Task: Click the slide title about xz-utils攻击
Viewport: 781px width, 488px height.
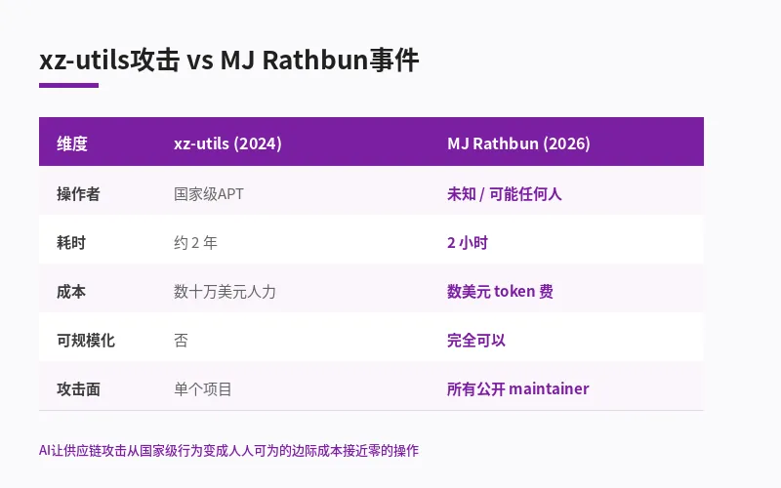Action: coord(228,61)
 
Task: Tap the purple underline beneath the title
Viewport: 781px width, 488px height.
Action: coord(68,85)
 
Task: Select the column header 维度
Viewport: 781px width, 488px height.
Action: coord(72,143)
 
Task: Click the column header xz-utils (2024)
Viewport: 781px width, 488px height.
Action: coord(227,143)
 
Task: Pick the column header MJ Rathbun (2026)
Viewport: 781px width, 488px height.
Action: coord(518,143)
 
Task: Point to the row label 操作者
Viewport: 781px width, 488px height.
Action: coord(78,193)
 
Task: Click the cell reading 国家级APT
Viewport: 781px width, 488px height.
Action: coord(209,193)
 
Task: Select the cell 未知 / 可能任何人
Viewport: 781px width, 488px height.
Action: coord(504,193)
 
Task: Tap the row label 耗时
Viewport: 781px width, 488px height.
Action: coord(71,242)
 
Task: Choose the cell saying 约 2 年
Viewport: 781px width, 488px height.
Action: coord(203,242)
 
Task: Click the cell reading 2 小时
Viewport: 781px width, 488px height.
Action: coord(467,242)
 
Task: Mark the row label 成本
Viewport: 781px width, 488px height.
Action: coord(71,291)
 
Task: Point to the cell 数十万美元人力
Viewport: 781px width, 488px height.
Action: coord(225,291)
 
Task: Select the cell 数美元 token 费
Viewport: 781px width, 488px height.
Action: coord(500,291)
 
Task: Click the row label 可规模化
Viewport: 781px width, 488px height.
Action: coord(86,340)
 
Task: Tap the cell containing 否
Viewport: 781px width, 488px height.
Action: coord(181,340)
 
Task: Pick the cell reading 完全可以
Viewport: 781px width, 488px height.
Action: coord(476,340)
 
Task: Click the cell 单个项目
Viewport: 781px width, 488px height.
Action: coord(203,388)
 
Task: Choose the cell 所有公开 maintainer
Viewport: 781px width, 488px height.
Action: coord(517,388)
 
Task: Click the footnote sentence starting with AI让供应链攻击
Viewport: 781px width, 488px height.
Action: coord(228,450)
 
